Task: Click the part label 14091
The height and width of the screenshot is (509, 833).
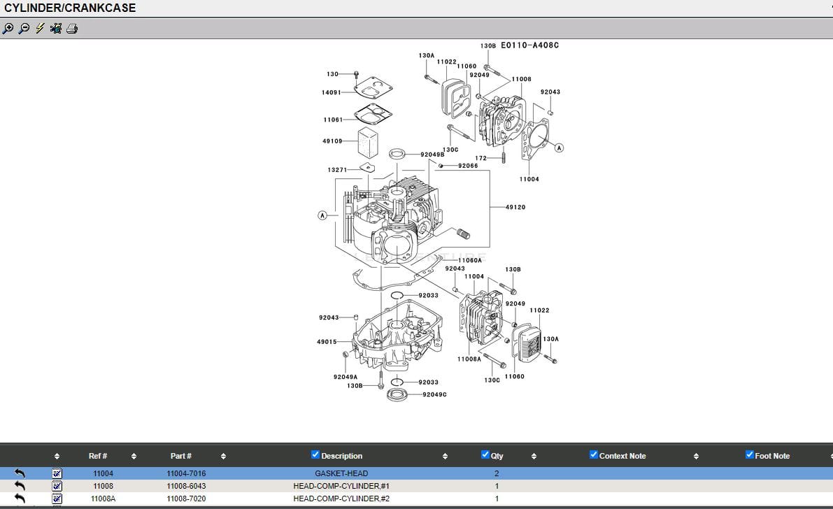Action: (332, 92)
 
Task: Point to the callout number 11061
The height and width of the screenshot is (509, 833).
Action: (333, 120)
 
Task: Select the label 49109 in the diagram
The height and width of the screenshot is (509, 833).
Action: (332, 141)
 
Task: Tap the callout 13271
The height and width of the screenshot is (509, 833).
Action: (337, 170)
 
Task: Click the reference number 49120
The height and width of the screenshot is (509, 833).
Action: (515, 208)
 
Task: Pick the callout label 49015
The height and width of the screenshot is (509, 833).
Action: (327, 342)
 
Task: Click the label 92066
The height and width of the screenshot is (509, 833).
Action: (468, 166)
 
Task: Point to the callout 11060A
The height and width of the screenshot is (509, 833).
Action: (470, 260)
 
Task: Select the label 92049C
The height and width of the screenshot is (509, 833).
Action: (434, 395)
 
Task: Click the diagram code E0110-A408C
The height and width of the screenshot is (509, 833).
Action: (529, 45)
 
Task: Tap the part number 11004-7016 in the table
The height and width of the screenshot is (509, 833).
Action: (186, 473)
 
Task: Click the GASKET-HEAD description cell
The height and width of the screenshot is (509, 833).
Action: (341, 473)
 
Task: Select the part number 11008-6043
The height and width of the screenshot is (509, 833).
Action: (186, 486)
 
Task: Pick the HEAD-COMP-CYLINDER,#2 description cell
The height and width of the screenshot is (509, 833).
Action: (341, 499)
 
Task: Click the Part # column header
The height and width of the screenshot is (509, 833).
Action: (180, 456)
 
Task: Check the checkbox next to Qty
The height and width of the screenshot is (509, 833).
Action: (485, 455)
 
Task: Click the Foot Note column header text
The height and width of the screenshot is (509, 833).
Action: (772, 456)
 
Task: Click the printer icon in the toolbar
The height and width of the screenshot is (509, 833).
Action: (72, 29)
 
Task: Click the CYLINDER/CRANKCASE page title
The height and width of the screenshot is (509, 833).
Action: (70, 8)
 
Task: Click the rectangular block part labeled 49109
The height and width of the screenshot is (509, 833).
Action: (368, 143)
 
